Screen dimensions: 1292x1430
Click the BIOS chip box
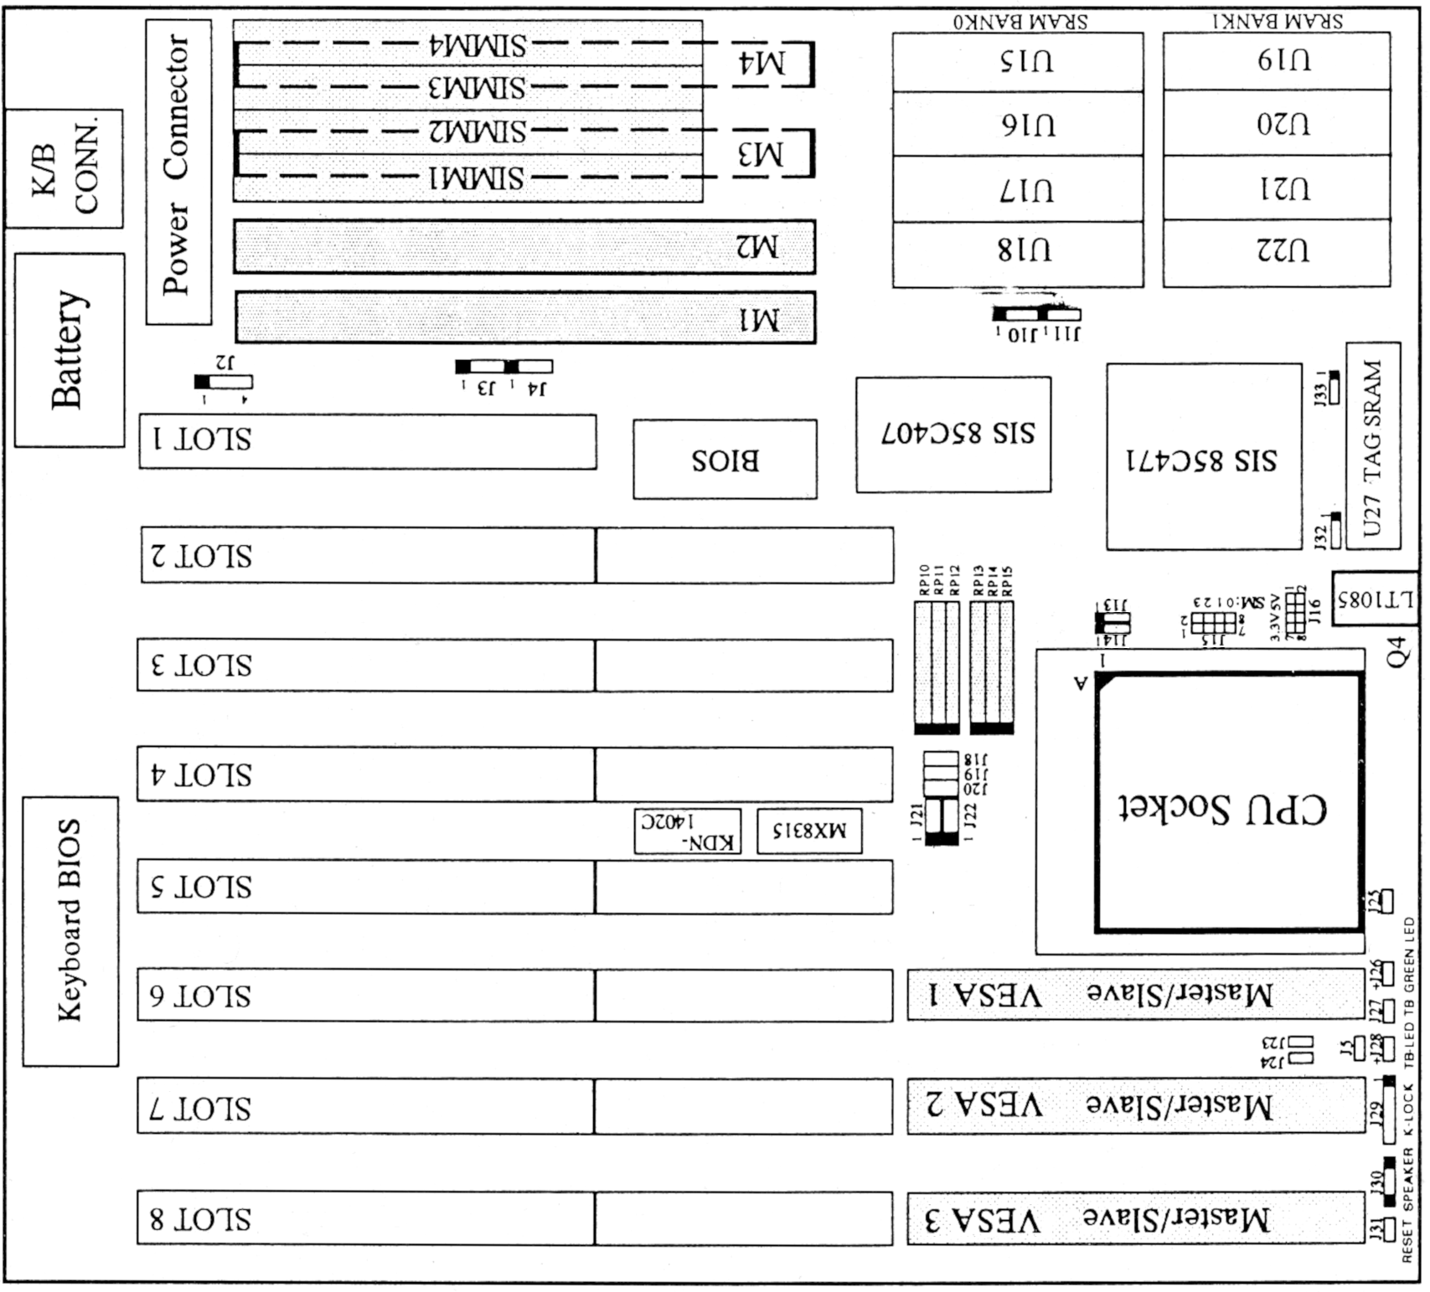click(725, 460)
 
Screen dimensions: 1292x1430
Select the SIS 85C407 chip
click(953, 435)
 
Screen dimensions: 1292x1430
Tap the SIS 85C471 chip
click(1204, 458)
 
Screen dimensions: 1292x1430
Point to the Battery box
click(70, 350)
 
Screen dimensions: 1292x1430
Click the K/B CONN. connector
click(65, 168)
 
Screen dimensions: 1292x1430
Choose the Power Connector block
click(178, 172)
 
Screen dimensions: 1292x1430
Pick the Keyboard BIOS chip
click(70, 931)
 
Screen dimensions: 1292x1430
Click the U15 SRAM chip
click(1017, 62)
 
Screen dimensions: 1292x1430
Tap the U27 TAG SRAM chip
click(1373, 445)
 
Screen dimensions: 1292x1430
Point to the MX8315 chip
click(809, 831)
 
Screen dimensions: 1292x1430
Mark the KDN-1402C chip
click(687, 831)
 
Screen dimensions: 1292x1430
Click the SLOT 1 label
click(201, 440)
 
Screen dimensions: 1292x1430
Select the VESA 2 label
click(985, 1105)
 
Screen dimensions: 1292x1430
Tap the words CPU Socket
click(1223, 809)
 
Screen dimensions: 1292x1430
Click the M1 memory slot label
click(758, 319)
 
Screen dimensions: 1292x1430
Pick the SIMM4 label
click(478, 45)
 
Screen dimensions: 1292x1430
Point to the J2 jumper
click(224, 382)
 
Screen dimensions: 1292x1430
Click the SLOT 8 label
click(201, 1218)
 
